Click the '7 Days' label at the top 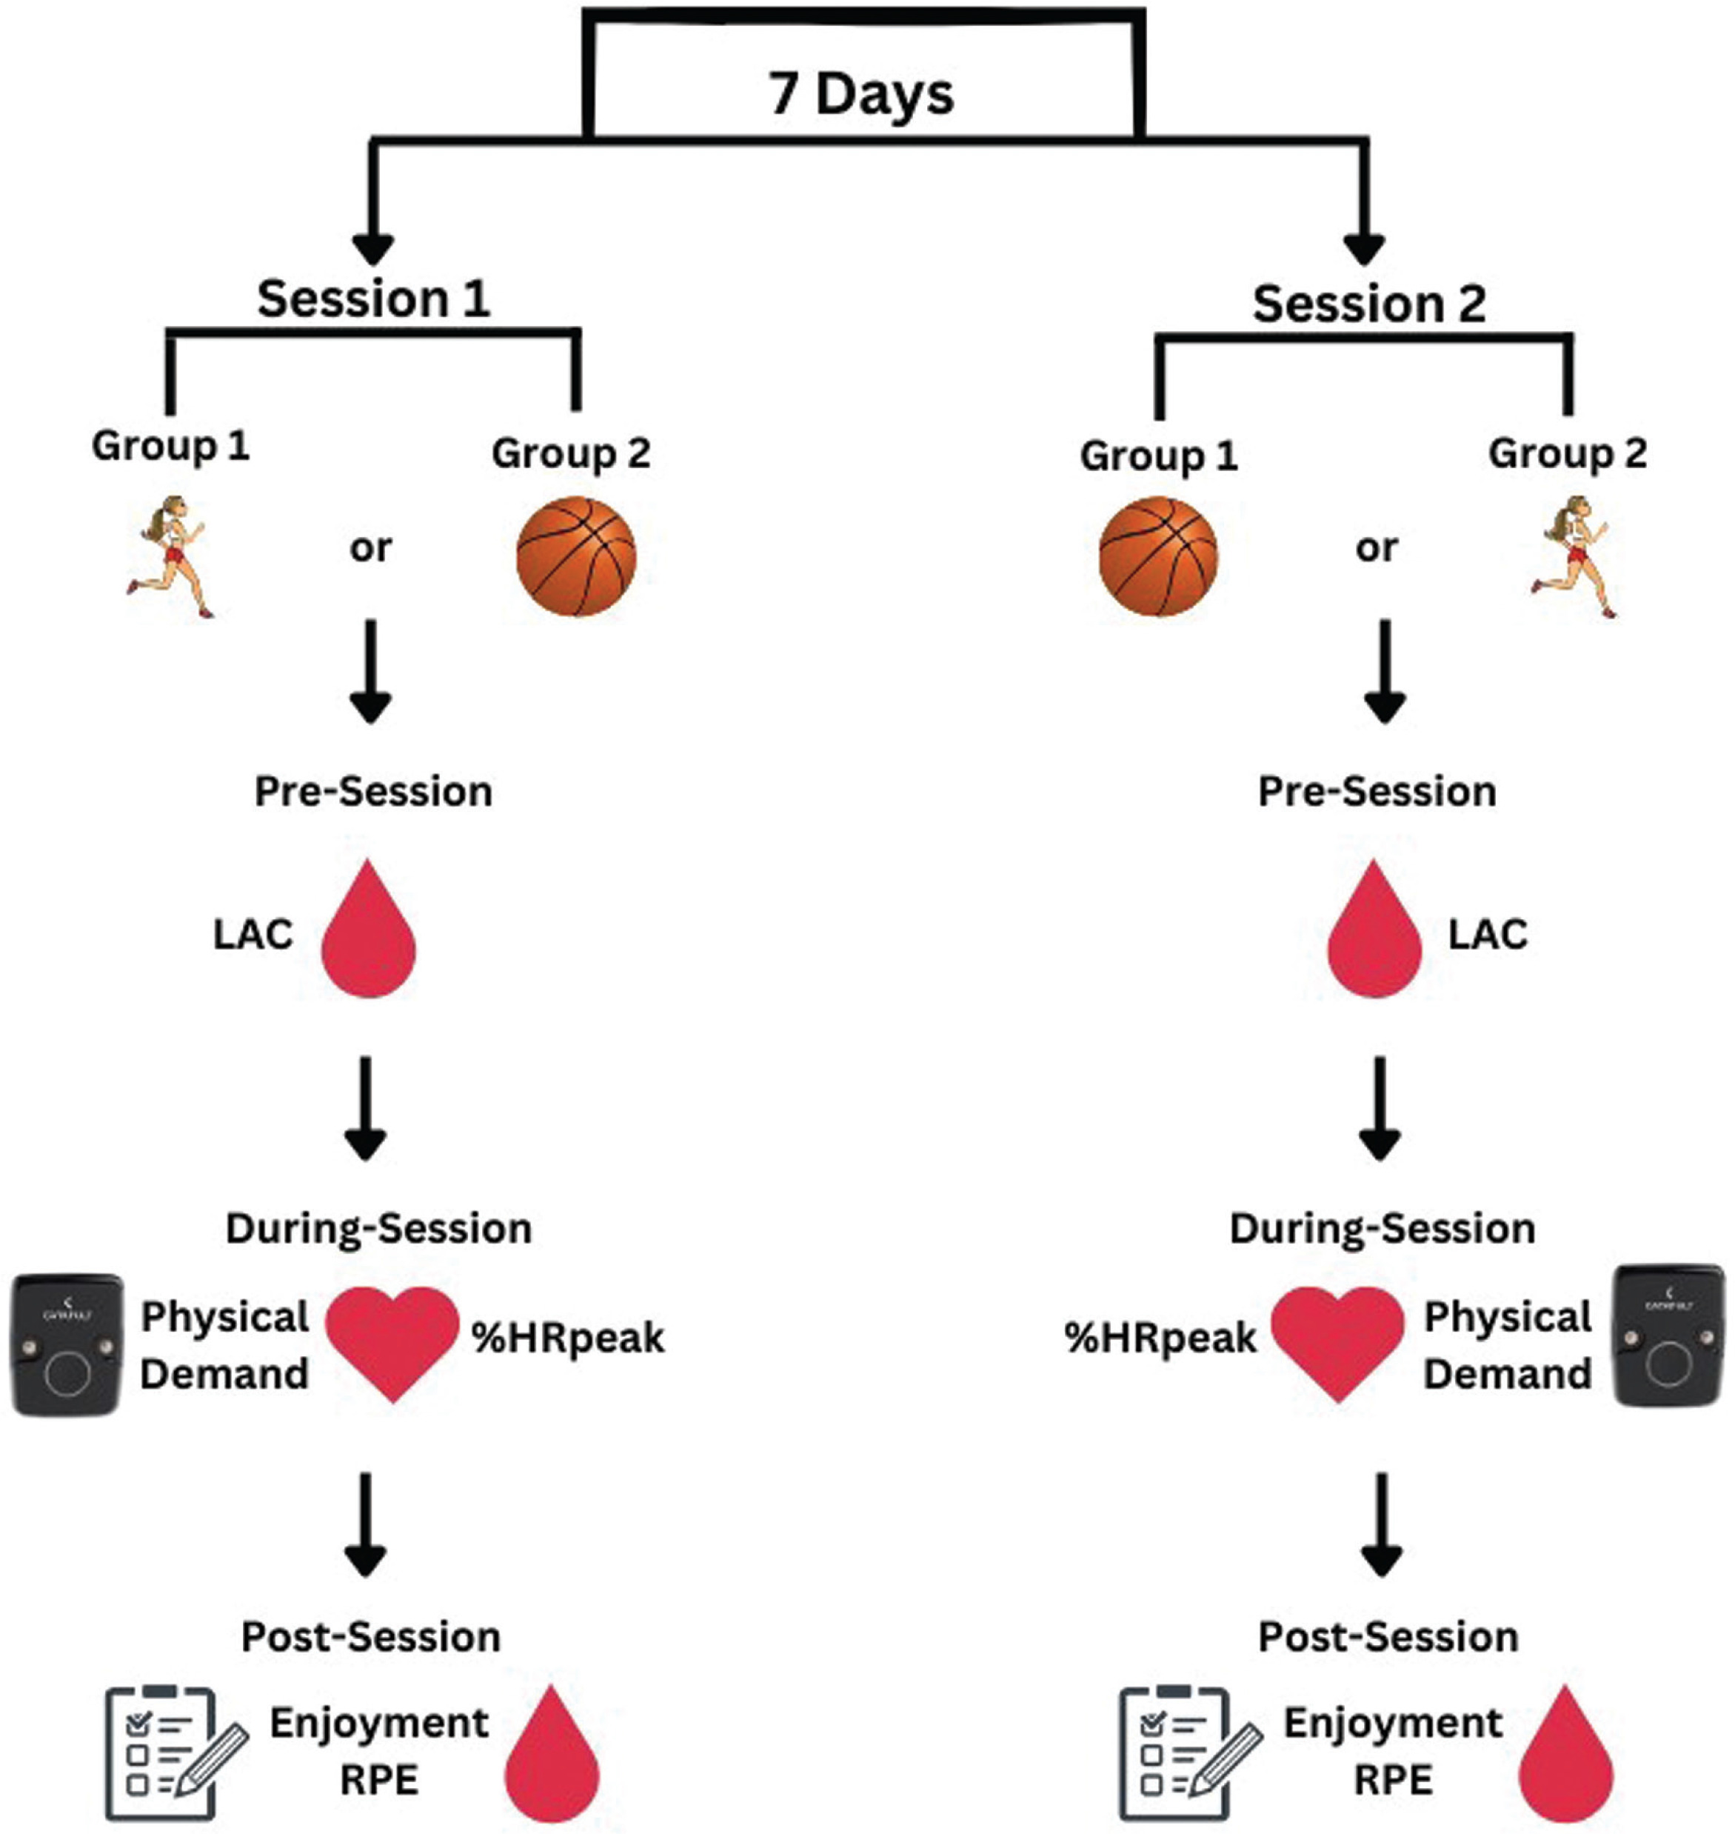click(861, 94)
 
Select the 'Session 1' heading click(374, 299)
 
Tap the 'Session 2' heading click(1368, 304)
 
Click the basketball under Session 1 click(576, 557)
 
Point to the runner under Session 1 click(172, 557)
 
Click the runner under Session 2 click(1576, 557)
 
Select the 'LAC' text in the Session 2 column click(1487, 935)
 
